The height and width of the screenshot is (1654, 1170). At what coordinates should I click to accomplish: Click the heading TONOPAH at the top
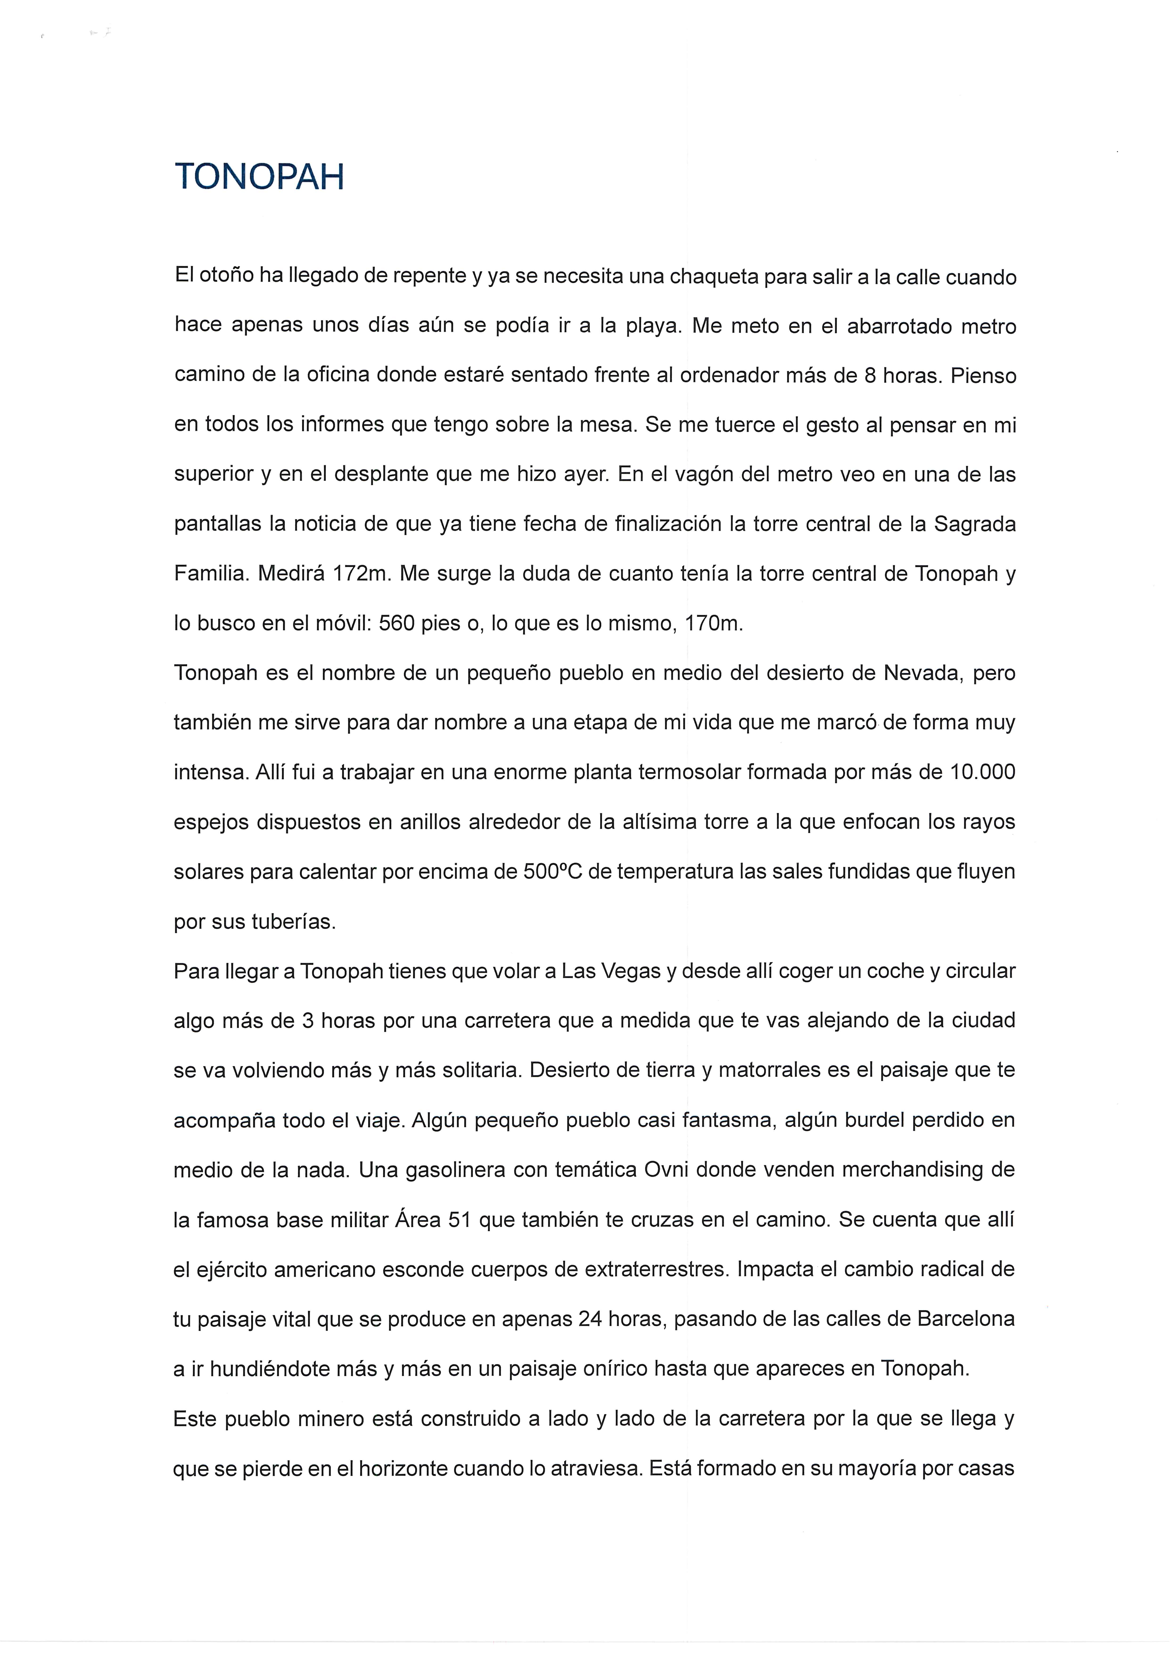click(x=259, y=177)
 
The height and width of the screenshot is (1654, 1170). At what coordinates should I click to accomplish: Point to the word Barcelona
click(x=965, y=1318)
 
